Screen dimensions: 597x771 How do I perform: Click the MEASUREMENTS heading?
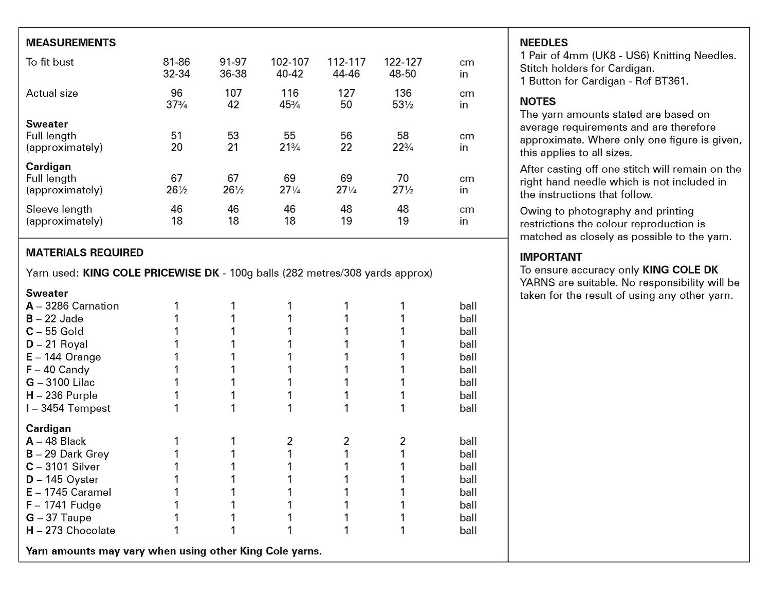point(71,43)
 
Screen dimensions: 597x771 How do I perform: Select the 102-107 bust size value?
point(290,62)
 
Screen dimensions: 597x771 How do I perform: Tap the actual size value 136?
point(403,93)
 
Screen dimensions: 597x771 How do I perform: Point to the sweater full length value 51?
point(176,136)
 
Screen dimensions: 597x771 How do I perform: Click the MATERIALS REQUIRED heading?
point(85,252)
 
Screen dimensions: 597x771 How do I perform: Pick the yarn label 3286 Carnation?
point(72,306)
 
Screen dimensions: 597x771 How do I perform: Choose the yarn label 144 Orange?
point(64,357)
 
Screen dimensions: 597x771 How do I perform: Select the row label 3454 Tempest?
point(68,408)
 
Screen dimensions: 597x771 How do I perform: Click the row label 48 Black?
point(56,441)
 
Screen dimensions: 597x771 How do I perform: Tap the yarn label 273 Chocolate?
point(70,531)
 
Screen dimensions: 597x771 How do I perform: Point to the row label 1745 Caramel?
point(68,492)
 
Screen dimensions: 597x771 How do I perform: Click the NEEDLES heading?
point(544,43)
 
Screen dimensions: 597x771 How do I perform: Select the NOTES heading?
point(538,101)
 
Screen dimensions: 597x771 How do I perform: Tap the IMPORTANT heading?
point(551,257)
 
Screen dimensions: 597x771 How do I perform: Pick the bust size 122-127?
point(403,62)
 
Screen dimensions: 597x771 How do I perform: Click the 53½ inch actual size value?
point(403,105)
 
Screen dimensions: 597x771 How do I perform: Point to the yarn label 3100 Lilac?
point(61,383)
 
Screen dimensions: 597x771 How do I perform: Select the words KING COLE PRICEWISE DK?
point(151,273)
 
